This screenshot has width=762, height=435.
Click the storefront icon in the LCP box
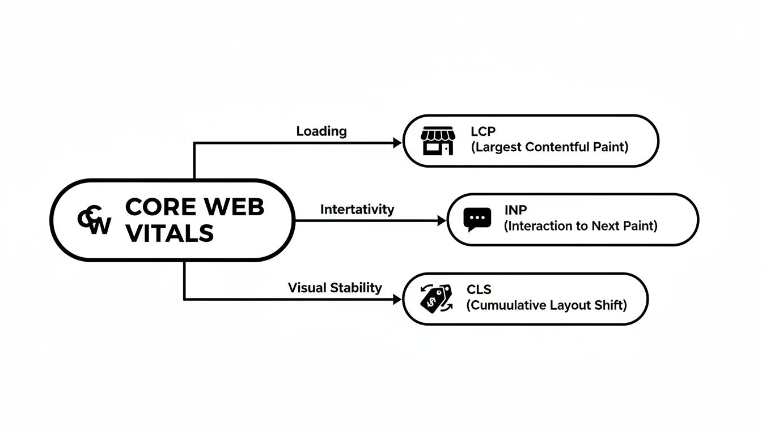click(437, 140)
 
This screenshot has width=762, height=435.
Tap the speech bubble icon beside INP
click(477, 219)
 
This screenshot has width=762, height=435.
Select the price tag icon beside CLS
click(435, 298)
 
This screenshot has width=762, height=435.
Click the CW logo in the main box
click(95, 221)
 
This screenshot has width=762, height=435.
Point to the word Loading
click(321, 131)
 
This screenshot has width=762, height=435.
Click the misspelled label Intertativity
click(357, 209)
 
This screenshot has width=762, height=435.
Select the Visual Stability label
click(335, 288)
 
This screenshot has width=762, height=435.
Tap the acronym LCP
click(483, 131)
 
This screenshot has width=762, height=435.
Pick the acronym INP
click(515, 210)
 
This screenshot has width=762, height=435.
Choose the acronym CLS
click(479, 289)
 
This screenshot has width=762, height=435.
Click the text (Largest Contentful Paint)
click(549, 147)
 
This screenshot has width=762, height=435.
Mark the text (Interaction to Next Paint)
click(581, 226)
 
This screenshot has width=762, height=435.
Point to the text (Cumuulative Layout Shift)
click(547, 305)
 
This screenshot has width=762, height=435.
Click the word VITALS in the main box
click(169, 233)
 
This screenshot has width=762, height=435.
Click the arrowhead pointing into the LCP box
click(397, 143)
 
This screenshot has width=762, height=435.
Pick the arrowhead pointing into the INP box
click(442, 221)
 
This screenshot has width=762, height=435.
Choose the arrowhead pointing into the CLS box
click(397, 300)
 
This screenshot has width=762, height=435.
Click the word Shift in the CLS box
click(611, 305)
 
